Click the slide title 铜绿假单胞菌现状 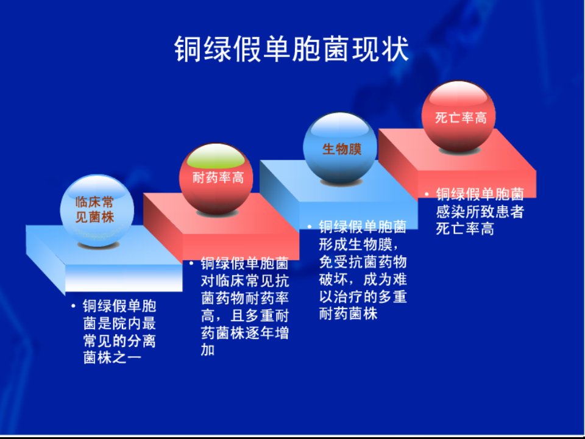291,49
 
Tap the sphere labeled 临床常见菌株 97,210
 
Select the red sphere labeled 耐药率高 216,179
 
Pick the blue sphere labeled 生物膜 340,148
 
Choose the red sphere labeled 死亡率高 458,116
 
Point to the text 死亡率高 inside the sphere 461,118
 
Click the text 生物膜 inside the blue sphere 342,149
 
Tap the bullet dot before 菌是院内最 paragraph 73,306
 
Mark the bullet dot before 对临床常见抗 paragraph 191,263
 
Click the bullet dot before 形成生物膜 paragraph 310,227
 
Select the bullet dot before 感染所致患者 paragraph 427,194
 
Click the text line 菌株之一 112,357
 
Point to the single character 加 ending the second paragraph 207,349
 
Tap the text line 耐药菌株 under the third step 348,313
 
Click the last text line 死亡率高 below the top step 465,229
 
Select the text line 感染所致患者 480,212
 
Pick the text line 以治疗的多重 363,296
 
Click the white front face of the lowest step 124,278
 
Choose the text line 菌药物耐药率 245,298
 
